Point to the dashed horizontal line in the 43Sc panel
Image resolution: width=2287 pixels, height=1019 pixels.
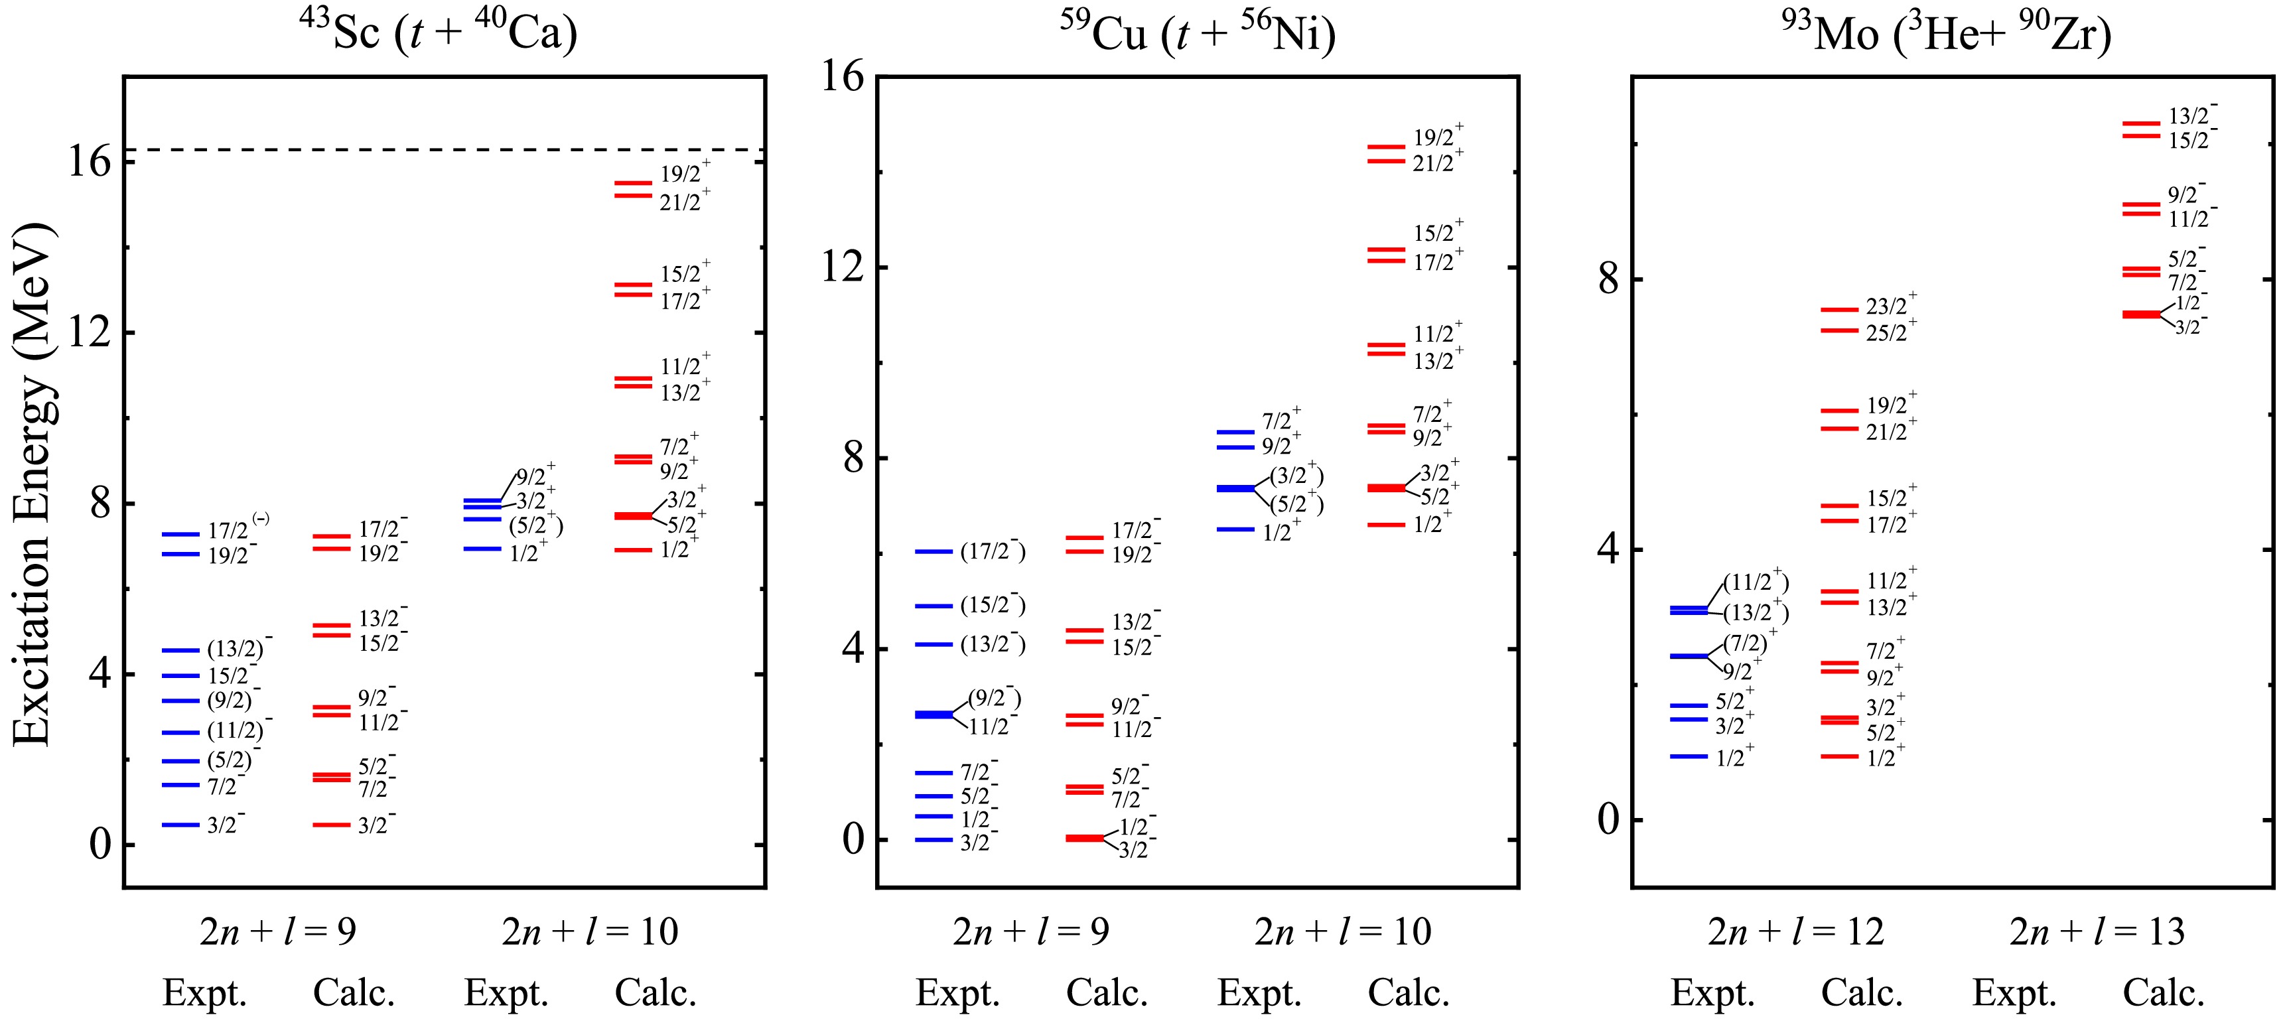point(444,150)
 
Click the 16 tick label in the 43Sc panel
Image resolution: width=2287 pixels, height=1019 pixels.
point(89,163)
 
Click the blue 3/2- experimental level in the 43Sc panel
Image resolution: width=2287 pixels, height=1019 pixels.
point(180,825)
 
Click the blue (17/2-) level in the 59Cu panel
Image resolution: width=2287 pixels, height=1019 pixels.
point(934,552)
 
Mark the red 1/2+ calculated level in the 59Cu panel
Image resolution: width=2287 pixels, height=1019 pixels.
point(1386,525)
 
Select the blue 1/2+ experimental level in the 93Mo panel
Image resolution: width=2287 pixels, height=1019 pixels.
point(1689,756)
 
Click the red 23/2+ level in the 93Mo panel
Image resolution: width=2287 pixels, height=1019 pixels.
point(1840,310)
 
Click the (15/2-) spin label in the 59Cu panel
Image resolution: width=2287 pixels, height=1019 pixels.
point(993,606)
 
